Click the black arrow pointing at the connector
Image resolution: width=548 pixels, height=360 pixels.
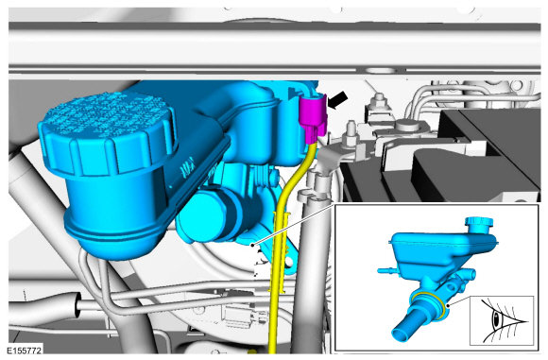click(x=338, y=100)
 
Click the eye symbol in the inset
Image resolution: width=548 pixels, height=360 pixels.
click(x=504, y=319)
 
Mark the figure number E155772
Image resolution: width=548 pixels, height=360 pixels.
click(x=25, y=351)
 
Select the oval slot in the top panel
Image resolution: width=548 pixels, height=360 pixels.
click(x=382, y=71)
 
